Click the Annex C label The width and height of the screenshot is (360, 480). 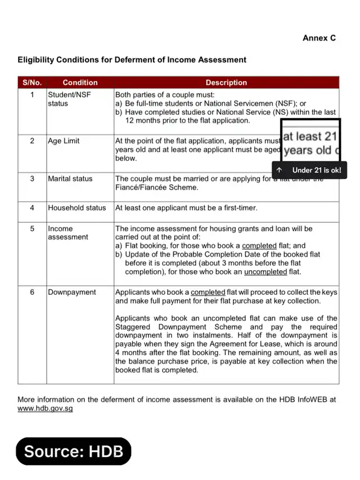click(319, 38)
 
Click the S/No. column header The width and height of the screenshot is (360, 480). click(32, 83)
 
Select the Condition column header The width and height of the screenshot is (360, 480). click(80, 83)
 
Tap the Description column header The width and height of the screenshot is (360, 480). click(226, 83)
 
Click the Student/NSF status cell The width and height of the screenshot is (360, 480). click(69, 99)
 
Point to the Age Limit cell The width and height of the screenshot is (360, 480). click(64, 141)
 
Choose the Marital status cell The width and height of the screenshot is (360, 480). click(70, 178)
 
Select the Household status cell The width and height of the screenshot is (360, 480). click(76, 208)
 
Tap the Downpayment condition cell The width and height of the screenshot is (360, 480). click(72, 292)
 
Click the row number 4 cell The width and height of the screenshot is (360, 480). click(32, 208)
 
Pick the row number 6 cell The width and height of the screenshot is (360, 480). click(32, 292)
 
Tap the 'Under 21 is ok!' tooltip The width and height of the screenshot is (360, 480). click(316, 170)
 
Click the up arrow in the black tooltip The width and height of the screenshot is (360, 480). click(279, 170)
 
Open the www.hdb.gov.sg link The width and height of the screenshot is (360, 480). click(45, 409)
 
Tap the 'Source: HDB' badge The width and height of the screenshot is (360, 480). click(73, 451)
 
